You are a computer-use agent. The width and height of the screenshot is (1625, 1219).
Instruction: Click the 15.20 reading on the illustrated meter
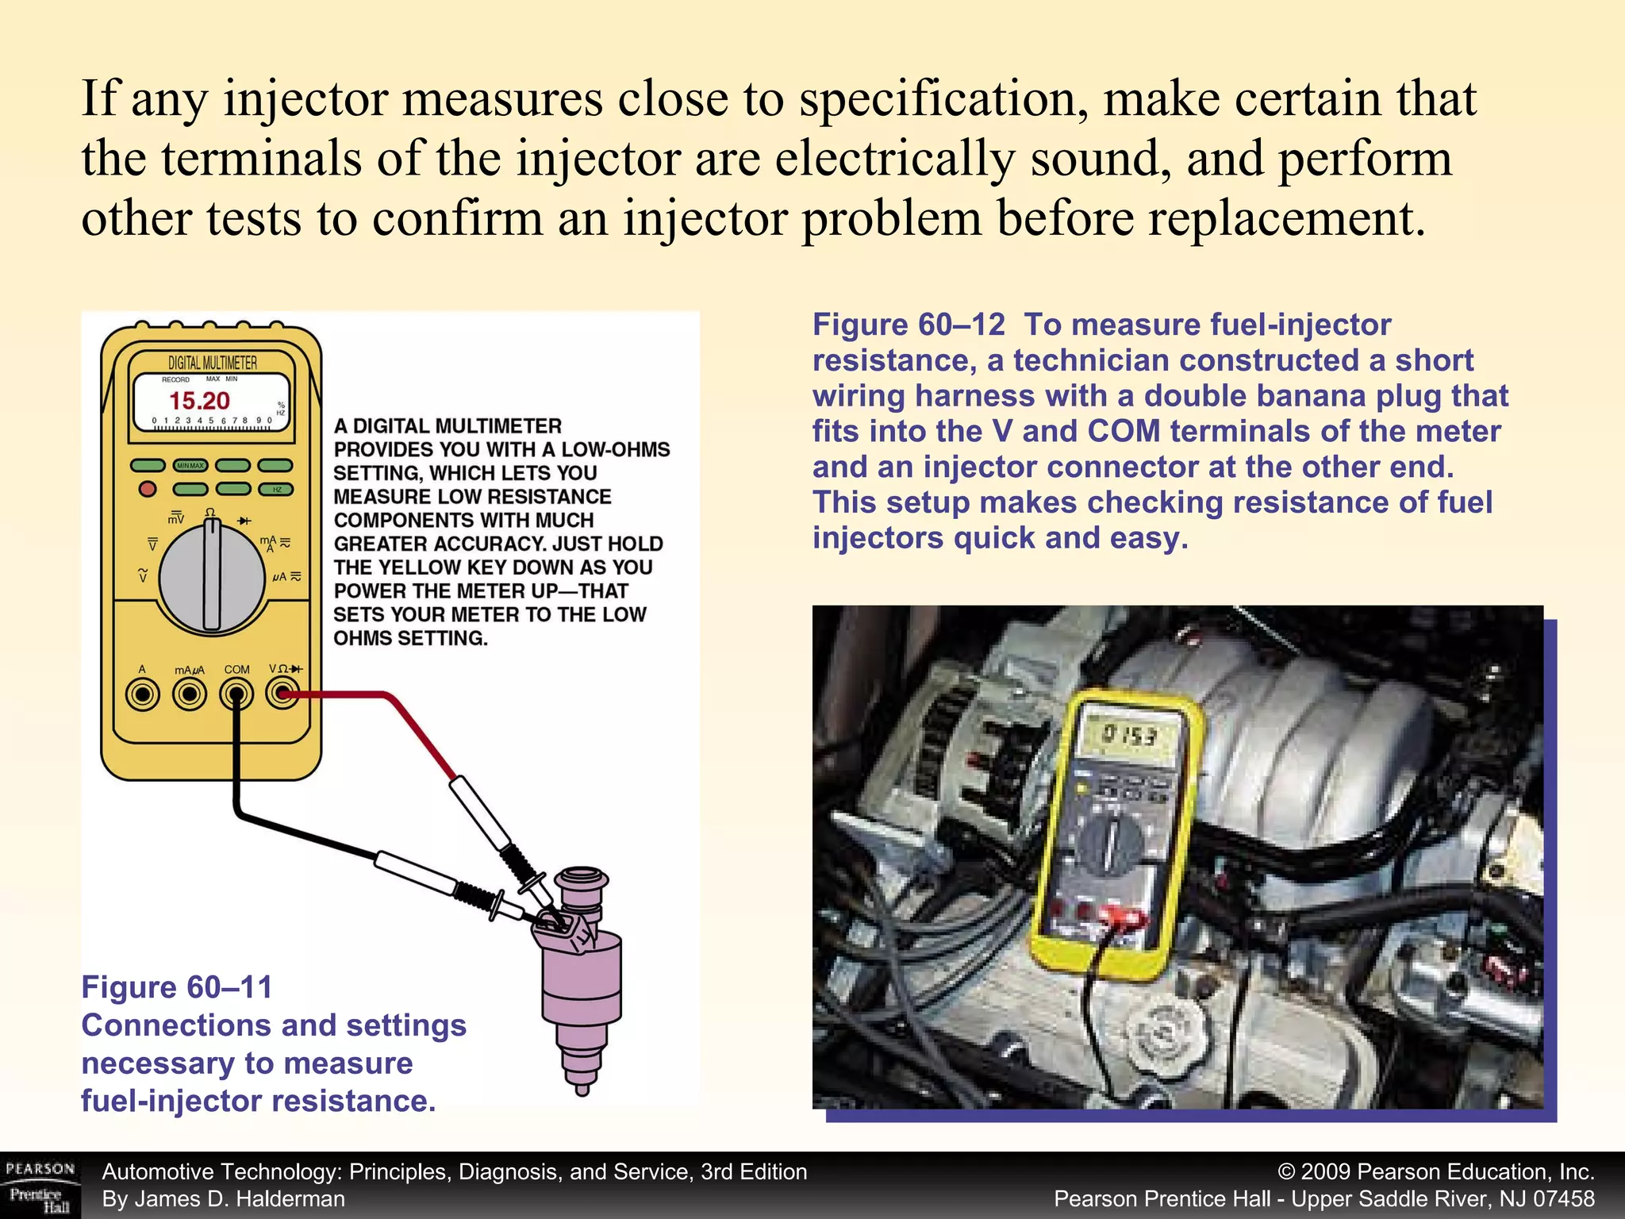[x=199, y=401]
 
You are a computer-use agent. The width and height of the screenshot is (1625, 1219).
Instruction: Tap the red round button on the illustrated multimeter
[x=148, y=488]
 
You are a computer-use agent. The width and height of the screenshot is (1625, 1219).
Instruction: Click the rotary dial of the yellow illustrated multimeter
[x=212, y=579]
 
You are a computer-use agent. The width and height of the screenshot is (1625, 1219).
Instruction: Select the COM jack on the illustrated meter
[x=236, y=695]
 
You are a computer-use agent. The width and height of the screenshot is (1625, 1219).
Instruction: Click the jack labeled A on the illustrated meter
[x=143, y=695]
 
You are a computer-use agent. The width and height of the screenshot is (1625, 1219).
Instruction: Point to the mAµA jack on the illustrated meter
[x=190, y=695]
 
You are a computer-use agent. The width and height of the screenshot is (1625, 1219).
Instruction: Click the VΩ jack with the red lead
[x=282, y=695]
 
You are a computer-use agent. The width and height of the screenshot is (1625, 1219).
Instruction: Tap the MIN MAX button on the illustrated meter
[x=190, y=466]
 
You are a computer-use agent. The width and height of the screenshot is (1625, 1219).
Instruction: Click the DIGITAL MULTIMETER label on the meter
[x=213, y=363]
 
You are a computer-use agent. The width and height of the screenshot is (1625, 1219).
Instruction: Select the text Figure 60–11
[x=177, y=987]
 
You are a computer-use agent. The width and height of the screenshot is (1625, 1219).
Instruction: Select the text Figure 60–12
[x=909, y=325]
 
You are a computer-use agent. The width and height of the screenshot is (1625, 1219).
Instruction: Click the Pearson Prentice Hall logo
[x=40, y=1186]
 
